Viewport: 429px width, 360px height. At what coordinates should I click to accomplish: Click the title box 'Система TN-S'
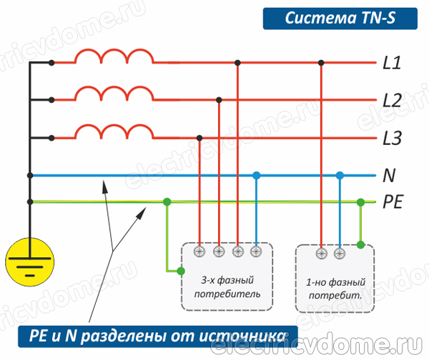[340, 18]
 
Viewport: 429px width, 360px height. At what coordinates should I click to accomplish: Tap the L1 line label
[391, 64]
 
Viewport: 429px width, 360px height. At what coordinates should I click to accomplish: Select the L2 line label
[391, 101]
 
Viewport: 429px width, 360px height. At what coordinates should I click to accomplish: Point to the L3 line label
[391, 138]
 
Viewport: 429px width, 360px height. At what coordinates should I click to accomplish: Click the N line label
[389, 175]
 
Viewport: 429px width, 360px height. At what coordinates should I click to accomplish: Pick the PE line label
[393, 202]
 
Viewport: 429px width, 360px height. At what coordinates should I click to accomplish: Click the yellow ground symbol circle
[29, 261]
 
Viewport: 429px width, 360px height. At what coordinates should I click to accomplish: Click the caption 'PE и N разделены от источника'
[154, 334]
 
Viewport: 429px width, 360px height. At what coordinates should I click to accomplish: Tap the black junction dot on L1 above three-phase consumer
[238, 63]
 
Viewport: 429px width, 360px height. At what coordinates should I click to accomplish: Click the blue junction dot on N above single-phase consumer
[340, 175]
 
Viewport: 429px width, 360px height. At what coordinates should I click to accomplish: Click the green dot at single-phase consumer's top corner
[361, 245]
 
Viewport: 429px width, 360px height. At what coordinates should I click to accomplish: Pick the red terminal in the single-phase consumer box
[321, 252]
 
